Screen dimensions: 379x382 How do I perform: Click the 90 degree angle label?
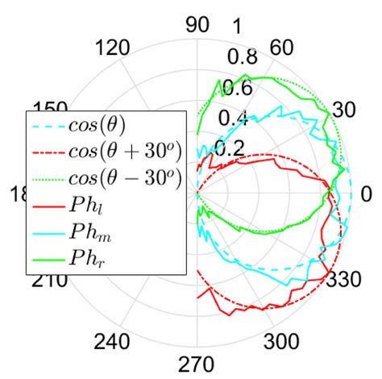[x=197, y=24]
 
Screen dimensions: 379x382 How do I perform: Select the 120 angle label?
[x=113, y=48]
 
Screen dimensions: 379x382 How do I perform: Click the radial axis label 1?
[x=237, y=27]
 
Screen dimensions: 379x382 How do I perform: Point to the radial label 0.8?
[x=239, y=56]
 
